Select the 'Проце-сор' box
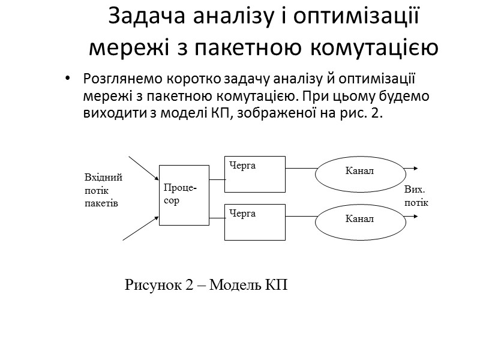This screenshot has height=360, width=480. click(184, 194)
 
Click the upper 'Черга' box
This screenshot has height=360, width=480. click(254, 173)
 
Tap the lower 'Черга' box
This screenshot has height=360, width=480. click(254, 222)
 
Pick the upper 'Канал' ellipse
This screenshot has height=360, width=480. click(359, 171)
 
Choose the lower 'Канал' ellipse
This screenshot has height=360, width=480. click(359, 218)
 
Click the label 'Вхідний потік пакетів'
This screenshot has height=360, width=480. click(103, 190)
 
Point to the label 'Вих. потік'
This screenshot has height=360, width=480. click(416, 196)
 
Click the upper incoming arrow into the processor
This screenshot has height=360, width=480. click(143, 167)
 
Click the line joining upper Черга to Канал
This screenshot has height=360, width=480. click(301, 169)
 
